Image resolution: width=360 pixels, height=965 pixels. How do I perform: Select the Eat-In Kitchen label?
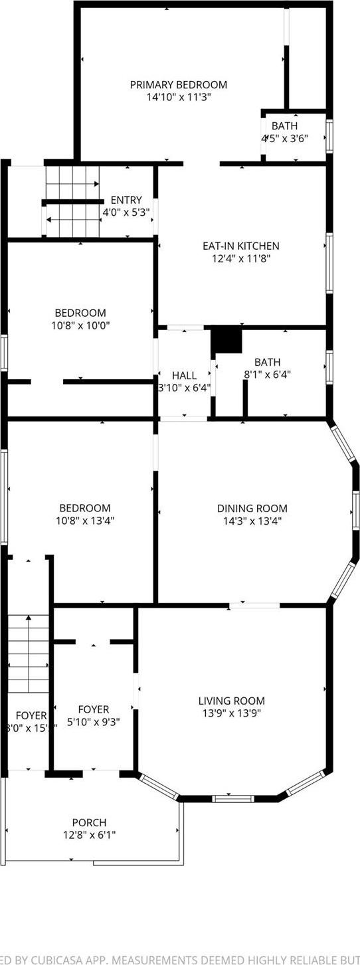pos(240,246)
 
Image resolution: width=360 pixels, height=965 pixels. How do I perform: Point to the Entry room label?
pos(126,200)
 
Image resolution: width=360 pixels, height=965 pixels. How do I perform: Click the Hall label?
pos(184,375)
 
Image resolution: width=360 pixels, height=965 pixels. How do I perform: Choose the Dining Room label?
pos(252,509)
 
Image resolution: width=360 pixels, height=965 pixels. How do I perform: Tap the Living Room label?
pos(231,701)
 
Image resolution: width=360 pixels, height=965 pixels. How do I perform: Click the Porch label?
pos(90,823)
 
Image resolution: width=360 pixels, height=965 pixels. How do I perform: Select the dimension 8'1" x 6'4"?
pos(267,375)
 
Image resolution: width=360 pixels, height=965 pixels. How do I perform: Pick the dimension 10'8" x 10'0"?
pos(80,325)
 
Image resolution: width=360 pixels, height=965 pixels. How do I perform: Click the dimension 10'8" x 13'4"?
pos(82,521)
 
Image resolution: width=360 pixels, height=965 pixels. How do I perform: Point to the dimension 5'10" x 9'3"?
pos(94,723)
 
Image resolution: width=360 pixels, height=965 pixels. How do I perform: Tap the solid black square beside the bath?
pos(226,340)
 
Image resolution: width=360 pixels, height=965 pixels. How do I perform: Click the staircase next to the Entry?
pos(72,201)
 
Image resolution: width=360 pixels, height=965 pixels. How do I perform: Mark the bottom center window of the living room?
pos(233,798)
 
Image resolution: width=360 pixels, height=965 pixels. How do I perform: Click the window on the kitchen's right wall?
pos(329,263)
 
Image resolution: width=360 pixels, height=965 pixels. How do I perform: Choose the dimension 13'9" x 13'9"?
pos(231,714)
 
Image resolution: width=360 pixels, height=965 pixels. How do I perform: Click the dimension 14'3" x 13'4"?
pos(252,521)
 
